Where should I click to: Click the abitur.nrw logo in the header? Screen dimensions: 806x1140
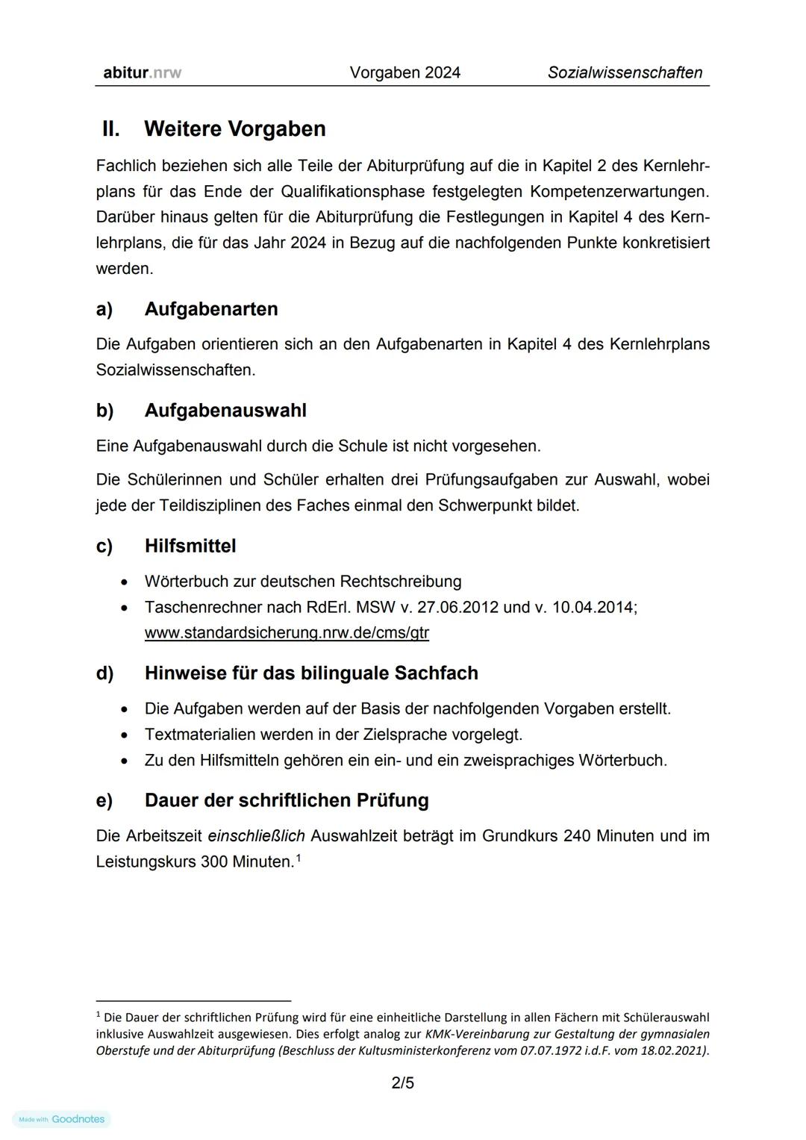tap(142, 72)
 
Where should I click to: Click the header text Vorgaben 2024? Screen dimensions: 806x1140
tap(404, 72)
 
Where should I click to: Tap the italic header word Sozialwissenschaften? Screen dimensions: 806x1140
tap(625, 72)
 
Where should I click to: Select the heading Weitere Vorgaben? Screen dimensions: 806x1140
tap(234, 128)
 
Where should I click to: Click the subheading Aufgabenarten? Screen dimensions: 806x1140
tap(210, 309)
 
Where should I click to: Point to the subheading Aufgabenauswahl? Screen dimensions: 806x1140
tap(225, 411)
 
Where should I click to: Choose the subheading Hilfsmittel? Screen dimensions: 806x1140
tap(190, 546)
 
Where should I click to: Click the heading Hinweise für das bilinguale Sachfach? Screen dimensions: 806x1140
tap(311, 673)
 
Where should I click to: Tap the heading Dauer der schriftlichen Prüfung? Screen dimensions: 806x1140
tap(287, 800)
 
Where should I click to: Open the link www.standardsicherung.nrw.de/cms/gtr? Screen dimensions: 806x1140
tap(287, 633)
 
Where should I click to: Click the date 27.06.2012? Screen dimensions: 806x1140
tap(457, 607)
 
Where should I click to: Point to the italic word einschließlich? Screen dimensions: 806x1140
tap(256, 836)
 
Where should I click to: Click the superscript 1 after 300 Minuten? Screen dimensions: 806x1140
tap(299, 858)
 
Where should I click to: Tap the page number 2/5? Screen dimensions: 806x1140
tap(402, 1083)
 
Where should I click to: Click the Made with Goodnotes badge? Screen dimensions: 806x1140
tap(62, 1119)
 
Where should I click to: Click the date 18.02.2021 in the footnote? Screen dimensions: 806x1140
tap(674, 1050)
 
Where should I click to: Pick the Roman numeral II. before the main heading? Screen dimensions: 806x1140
tap(110, 128)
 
